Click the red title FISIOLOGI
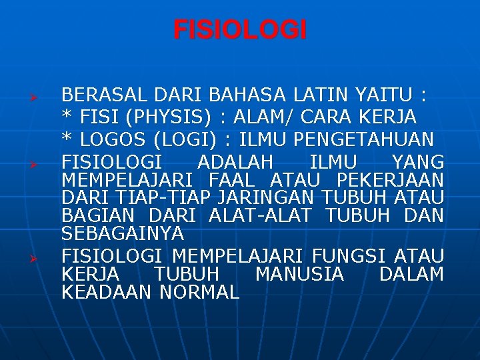[240, 30]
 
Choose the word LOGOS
[115, 140]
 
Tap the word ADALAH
[235, 162]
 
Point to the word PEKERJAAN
[390, 180]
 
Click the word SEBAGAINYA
[122, 234]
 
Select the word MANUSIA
[299, 274]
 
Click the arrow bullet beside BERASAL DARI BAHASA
[39, 98]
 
